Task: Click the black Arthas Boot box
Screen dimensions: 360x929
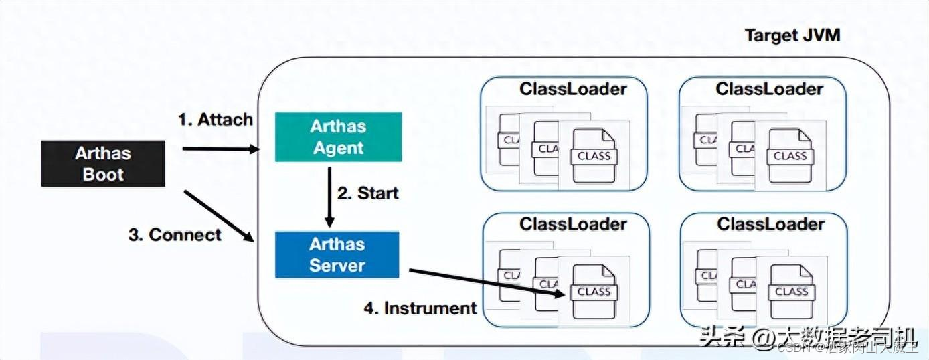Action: pos(102,163)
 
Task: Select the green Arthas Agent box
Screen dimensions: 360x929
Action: pos(338,137)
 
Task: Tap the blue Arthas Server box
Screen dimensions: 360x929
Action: pos(337,254)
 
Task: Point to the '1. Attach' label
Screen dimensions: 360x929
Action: pos(215,120)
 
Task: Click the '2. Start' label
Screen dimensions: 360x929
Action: pos(367,193)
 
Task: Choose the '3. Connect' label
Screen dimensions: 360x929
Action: pos(175,235)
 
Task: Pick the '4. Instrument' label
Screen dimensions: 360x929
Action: pos(420,308)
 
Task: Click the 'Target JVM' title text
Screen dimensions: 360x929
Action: pos(792,35)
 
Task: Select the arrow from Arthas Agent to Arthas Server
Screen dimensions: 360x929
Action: pos(329,197)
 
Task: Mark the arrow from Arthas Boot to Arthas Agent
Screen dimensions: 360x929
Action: pos(220,149)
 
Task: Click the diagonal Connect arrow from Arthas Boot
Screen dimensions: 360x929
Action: pos(219,215)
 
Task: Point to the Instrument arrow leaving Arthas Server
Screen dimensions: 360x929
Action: pos(482,281)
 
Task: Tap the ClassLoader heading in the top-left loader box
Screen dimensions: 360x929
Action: pos(574,89)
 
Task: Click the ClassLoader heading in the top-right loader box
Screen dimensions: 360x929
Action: pos(770,89)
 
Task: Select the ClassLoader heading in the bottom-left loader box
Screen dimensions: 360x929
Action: pos(574,223)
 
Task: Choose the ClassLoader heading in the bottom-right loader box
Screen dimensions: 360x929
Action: pos(771,223)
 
